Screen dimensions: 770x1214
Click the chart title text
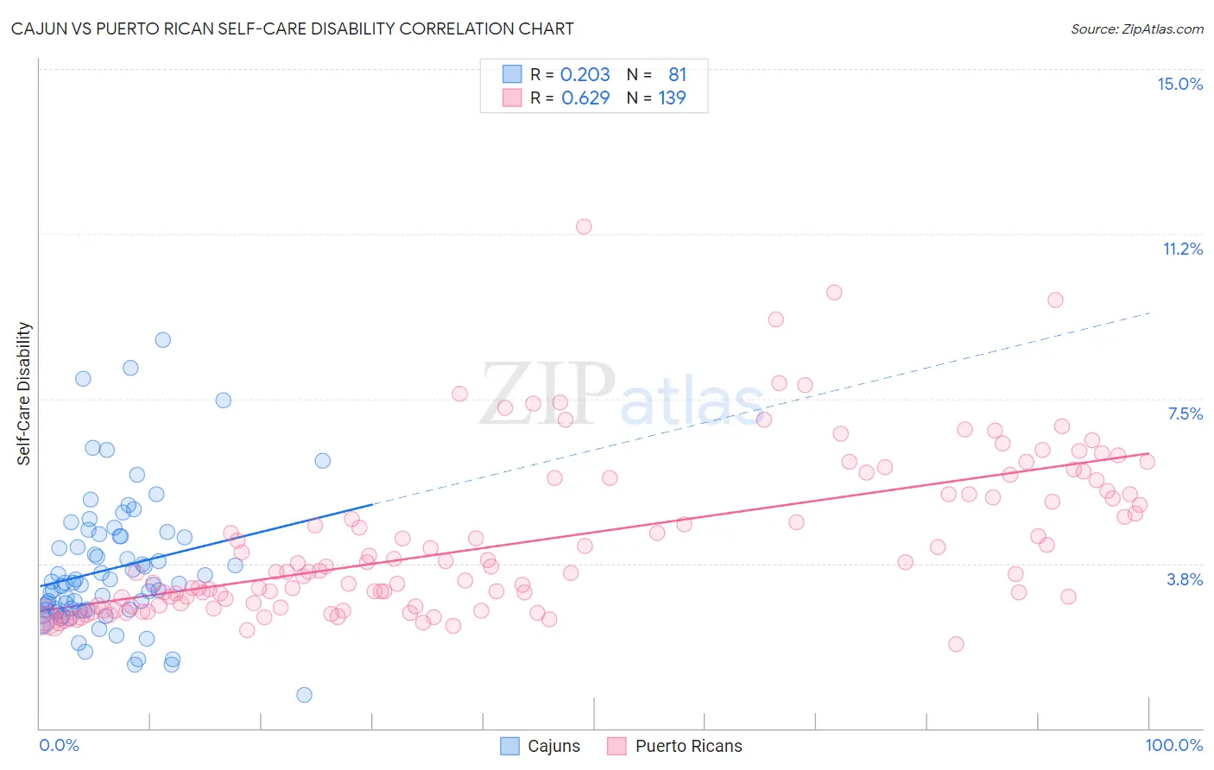tap(292, 28)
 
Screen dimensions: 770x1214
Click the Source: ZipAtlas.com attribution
tap(1136, 29)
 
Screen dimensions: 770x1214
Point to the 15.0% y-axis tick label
tap(1179, 84)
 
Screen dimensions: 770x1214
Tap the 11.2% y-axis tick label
tap(1182, 249)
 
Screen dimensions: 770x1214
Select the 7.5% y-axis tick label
tap(1185, 413)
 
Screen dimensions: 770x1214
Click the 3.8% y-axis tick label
tap(1185, 579)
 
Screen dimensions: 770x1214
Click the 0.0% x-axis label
tap(59, 745)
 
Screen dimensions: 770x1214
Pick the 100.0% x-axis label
tap(1173, 745)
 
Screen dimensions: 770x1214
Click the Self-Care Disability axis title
tap(24, 394)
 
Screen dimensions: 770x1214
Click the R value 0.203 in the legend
tap(585, 75)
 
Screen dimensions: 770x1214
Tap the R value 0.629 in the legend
tap(585, 98)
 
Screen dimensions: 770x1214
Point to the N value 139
tap(672, 98)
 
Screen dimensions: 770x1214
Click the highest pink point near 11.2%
tap(584, 226)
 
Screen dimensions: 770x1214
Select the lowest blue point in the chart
tap(304, 695)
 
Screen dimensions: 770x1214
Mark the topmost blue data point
tap(162, 340)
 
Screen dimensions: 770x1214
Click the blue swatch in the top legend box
tap(512, 75)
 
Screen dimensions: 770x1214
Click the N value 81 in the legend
tap(677, 75)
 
